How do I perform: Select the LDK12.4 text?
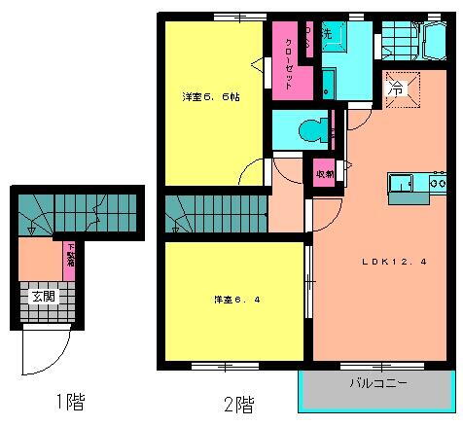coord(383,261)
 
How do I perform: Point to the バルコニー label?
coord(379,384)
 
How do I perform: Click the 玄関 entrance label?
coord(42,297)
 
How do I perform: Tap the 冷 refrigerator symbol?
coord(398,88)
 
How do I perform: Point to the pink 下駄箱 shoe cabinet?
coord(69,259)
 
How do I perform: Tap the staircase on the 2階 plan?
coord(215,211)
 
